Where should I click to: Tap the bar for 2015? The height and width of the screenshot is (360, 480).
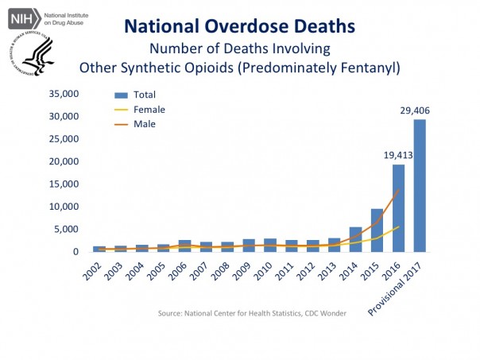click(377, 230)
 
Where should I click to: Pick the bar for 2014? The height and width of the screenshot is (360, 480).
click(356, 239)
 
